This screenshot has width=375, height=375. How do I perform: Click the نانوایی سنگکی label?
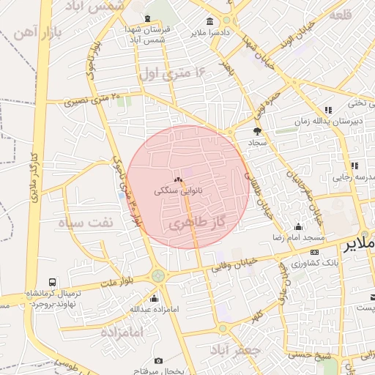click(x=178, y=190)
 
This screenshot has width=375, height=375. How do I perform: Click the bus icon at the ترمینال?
click(x=52, y=282)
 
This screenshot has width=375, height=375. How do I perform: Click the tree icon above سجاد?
click(x=257, y=131)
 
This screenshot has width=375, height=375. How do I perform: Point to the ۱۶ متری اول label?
click(x=174, y=73)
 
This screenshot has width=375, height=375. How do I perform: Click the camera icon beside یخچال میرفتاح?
click(x=159, y=361)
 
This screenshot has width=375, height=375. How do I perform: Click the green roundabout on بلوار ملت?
click(x=157, y=276)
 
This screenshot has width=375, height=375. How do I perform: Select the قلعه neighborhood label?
click(x=341, y=15)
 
